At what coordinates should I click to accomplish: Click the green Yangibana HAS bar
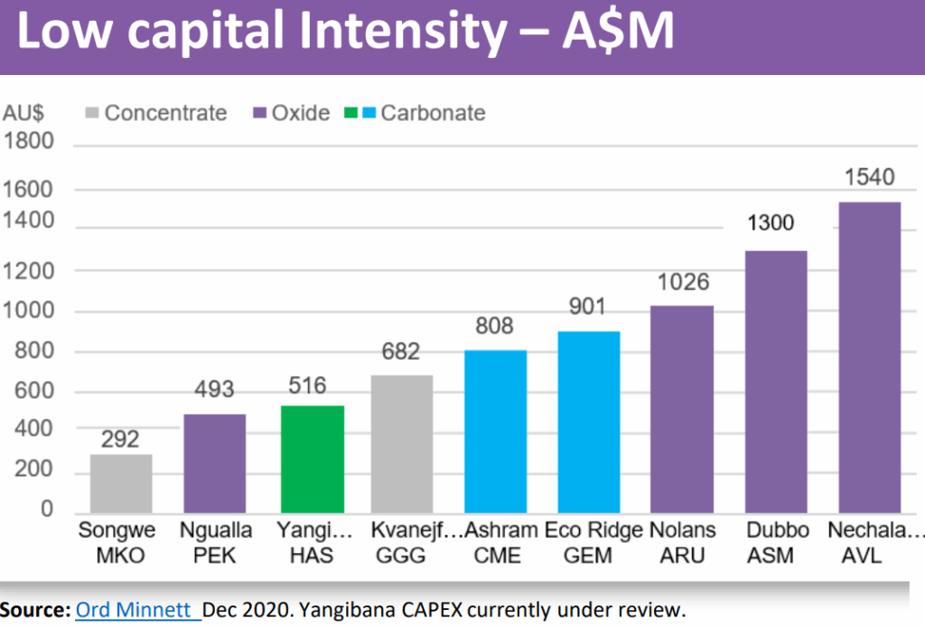point(312,459)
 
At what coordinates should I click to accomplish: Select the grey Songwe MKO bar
point(121,483)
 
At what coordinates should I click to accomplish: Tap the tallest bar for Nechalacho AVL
point(870,358)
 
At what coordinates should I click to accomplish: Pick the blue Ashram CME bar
point(496,431)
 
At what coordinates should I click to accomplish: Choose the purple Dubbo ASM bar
point(776,382)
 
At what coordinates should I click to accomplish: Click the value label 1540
point(870,177)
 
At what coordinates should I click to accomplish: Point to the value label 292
point(120,439)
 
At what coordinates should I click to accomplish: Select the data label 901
point(587,306)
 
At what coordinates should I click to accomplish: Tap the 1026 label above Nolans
point(683,282)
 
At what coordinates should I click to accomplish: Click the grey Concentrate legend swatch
point(92,112)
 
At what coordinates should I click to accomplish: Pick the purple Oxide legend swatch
point(259,112)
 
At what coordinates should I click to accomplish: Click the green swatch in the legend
point(351,112)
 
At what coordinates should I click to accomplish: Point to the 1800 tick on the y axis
point(28,141)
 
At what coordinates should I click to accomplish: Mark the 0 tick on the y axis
point(47,509)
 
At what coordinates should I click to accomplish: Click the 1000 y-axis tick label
point(28,311)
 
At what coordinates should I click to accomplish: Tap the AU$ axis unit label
point(23,112)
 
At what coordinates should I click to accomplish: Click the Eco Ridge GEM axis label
point(593,543)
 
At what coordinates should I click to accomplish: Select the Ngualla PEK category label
point(215,543)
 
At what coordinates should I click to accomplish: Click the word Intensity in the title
point(403,30)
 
